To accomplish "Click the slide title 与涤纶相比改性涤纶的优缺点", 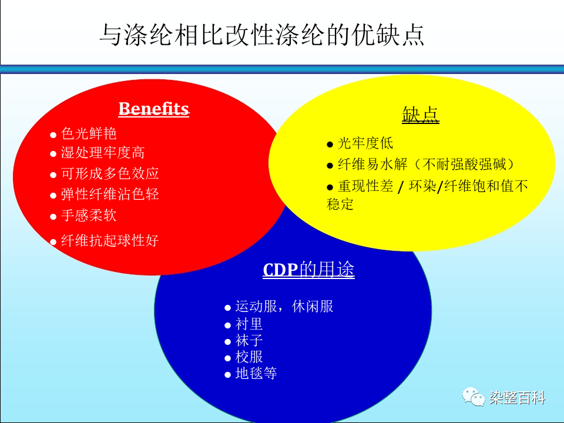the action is click(262, 35).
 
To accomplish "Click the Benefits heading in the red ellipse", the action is click(154, 109).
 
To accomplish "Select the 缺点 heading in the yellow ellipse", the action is click(421, 115).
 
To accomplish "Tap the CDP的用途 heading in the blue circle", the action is click(308, 270).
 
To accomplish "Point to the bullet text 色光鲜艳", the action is click(89, 133).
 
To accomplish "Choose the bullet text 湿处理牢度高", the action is click(103, 153).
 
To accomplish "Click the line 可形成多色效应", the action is click(110, 173).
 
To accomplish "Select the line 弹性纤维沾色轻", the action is click(110, 194).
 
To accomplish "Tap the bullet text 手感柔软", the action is click(89, 216).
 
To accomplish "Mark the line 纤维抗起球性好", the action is click(110, 240).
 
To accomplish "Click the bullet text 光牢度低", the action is click(365, 143).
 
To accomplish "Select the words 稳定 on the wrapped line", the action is click(340, 204).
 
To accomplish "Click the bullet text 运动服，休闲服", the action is click(284, 307).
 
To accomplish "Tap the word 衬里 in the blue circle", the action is click(249, 324).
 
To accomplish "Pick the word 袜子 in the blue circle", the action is click(249, 340).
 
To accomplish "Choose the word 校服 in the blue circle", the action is click(249, 357).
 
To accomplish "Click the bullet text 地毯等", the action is click(256, 373).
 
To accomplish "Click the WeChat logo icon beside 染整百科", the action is click(474, 397).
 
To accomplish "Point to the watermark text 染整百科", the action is click(517, 398).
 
